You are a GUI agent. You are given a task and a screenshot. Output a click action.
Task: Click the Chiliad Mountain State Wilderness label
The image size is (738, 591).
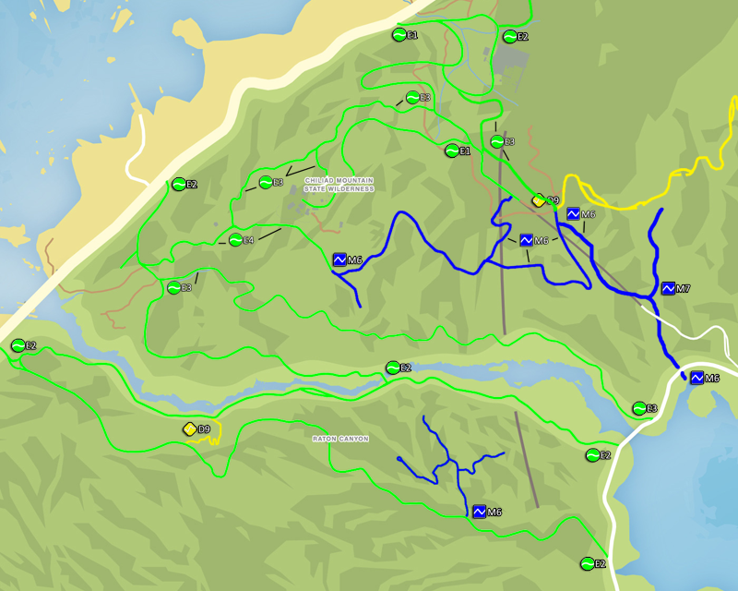click(x=339, y=184)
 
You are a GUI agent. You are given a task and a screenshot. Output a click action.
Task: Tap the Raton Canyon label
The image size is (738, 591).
click(x=339, y=439)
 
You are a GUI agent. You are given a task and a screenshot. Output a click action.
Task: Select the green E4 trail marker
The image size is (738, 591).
click(x=236, y=240)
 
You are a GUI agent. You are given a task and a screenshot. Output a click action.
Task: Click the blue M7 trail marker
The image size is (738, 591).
click(x=669, y=289)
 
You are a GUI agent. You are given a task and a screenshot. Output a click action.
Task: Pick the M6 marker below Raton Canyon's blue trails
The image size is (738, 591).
click(x=480, y=512)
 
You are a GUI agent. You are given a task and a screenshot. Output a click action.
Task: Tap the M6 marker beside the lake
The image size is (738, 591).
click(x=697, y=378)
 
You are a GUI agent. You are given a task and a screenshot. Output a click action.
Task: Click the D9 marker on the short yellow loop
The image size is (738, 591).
click(x=190, y=429)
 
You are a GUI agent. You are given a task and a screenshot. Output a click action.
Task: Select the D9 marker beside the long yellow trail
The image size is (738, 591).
click(x=539, y=200)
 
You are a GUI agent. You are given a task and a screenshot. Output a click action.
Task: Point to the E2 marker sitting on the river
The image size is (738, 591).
click(x=393, y=368)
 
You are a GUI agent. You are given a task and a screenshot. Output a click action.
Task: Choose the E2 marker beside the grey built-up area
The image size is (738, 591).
click(x=509, y=37)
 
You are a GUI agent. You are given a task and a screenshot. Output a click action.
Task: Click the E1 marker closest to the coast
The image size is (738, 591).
click(x=399, y=35)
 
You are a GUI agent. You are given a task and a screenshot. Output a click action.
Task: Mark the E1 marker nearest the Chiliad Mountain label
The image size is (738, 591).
click(x=452, y=151)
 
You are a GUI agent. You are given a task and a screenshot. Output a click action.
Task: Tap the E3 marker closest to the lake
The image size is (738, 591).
click(x=638, y=408)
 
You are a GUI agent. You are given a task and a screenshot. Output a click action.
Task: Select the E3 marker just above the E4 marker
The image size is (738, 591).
click(x=266, y=182)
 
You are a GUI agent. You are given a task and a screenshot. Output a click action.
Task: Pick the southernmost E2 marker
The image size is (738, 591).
click(x=587, y=563)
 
